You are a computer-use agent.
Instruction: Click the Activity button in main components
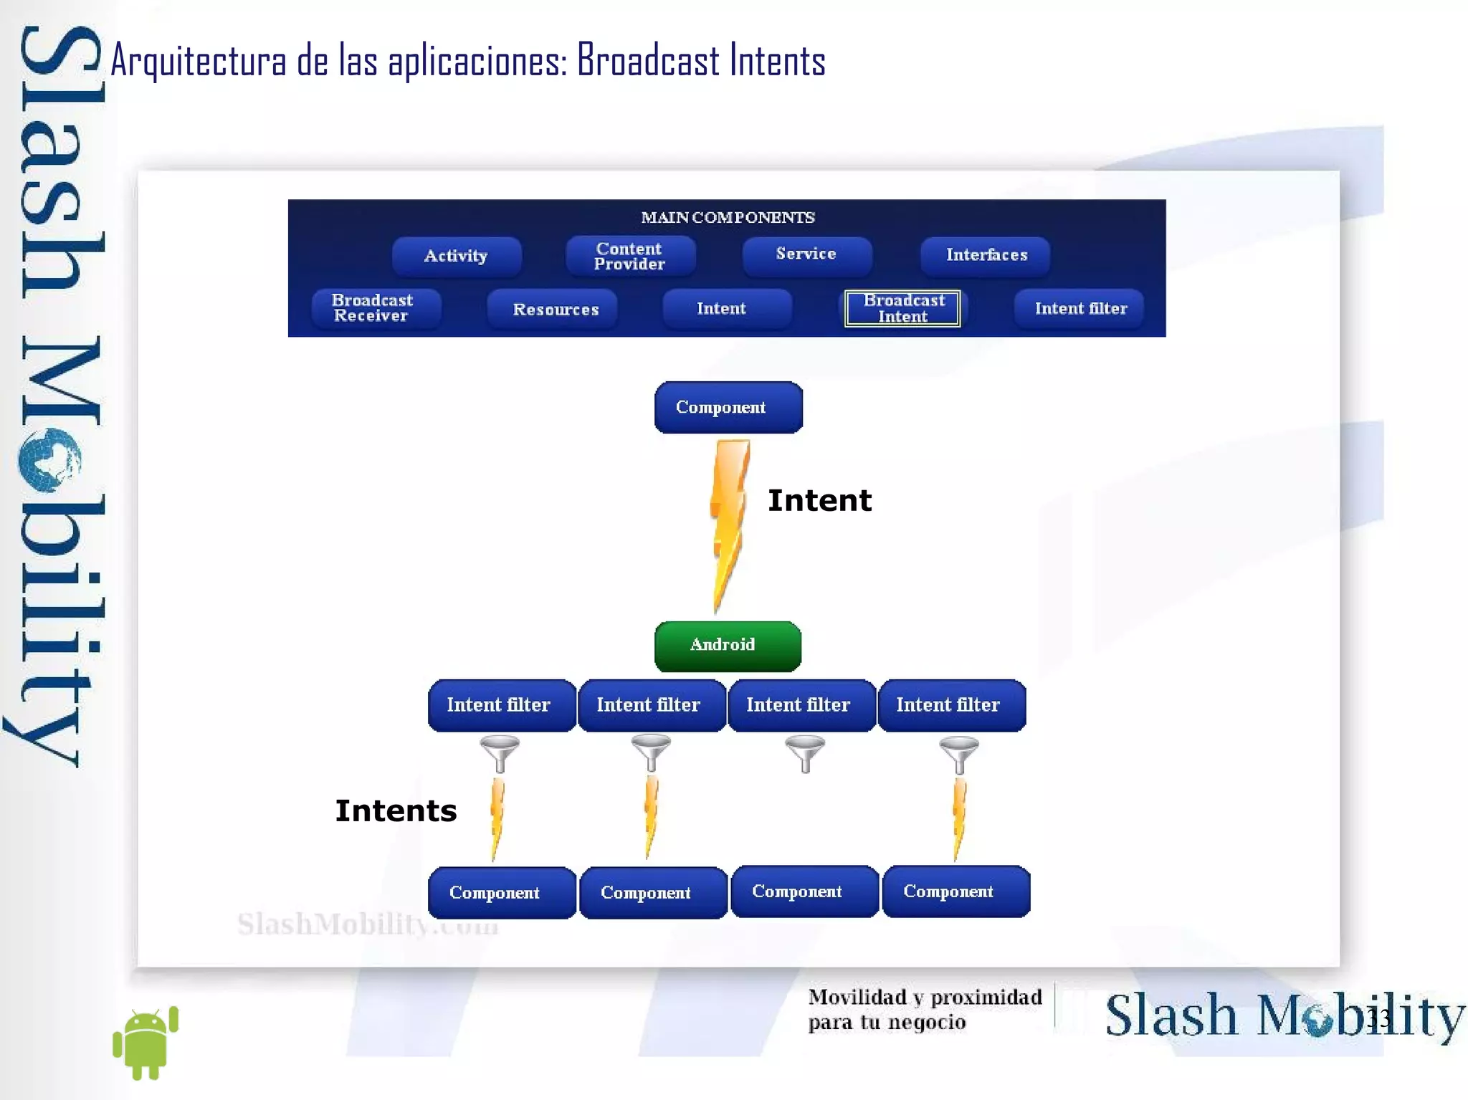457,256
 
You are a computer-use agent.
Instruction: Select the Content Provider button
630,256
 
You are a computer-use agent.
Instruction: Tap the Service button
806,254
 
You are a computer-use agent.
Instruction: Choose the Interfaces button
986,255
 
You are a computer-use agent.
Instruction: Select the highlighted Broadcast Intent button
902,308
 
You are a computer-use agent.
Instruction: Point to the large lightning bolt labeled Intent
729,523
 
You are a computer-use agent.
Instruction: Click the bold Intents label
396,810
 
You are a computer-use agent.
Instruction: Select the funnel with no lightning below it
805,753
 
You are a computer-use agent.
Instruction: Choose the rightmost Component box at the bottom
955,891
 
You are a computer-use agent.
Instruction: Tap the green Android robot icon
146,1042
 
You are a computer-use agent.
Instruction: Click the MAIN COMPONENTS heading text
728,217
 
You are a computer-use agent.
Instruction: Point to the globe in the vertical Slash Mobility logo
49,459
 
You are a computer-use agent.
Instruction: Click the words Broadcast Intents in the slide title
701,60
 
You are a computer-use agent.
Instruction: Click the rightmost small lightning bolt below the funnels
958,818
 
